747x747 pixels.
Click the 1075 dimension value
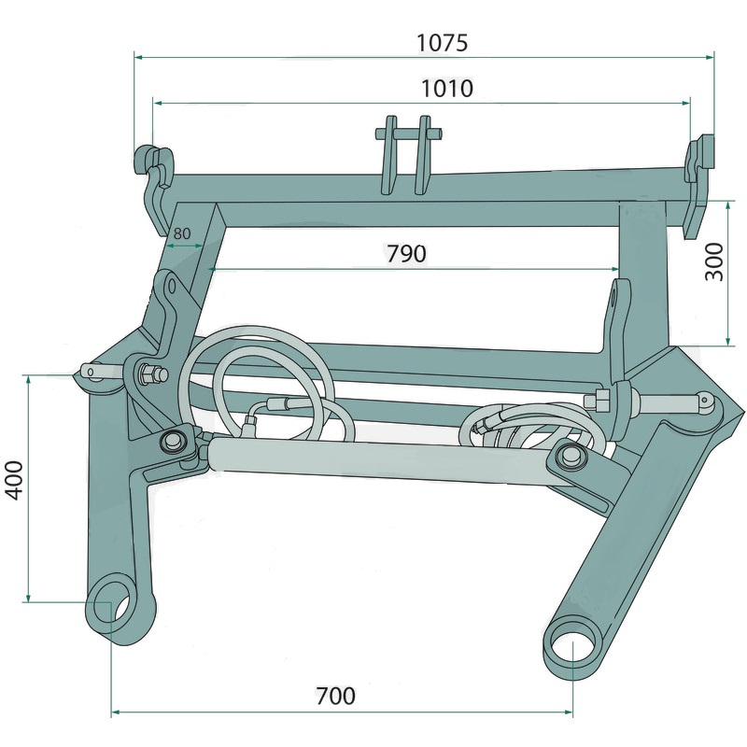coord(443,42)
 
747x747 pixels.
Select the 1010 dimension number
coord(447,89)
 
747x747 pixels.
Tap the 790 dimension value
coord(406,254)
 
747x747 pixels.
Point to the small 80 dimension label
coord(182,233)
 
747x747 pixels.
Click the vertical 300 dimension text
coord(714,261)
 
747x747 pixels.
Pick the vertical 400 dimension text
coord(14,480)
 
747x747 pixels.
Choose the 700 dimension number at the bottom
coord(336,696)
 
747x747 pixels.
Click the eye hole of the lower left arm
coord(113,607)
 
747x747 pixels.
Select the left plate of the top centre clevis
coord(388,155)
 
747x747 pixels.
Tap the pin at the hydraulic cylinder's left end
coord(173,440)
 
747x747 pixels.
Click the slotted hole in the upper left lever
coord(172,286)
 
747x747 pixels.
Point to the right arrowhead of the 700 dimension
coord(568,712)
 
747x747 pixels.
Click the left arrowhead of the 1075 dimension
coord(138,57)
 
